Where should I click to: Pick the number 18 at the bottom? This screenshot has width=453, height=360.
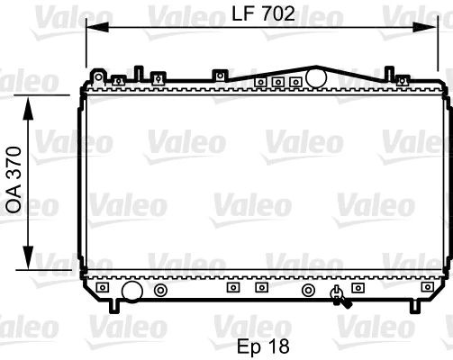(282, 346)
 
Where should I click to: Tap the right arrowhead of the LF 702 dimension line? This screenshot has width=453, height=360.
(439, 28)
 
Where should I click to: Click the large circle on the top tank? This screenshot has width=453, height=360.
(315, 78)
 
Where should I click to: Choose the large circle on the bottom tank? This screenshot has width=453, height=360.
(106, 291)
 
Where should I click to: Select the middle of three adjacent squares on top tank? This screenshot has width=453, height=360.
(277, 83)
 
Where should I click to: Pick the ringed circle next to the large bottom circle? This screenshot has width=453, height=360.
(135, 291)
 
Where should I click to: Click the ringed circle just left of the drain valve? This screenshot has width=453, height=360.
(308, 291)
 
